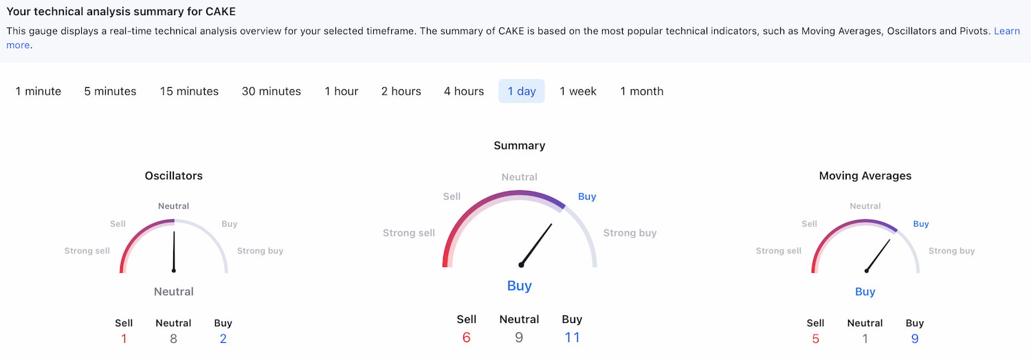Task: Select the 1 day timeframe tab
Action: [x=522, y=91]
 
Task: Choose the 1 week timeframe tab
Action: [x=577, y=91]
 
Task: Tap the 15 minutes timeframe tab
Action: [x=189, y=91]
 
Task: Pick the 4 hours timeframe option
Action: [x=463, y=91]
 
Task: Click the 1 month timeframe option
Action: [x=641, y=91]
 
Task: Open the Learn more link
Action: [x=1007, y=32]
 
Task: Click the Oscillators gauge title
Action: [x=173, y=176]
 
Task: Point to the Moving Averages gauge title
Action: [x=865, y=176]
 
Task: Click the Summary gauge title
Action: [x=519, y=146]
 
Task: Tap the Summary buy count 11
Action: [x=572, y=337]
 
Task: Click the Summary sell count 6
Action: [x=466, y=337]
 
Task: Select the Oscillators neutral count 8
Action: [x=173, y=339]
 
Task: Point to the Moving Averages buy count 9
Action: [x=915, y=339]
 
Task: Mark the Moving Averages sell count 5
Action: [x=816, y=339]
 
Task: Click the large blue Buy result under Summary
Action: [x=519, y=286]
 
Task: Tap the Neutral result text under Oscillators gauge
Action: [x=173, y=291]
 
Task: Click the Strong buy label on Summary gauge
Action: [x=630, y=233]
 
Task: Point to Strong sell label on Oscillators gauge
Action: [x=87, y=251]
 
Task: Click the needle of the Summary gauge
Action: [x=536, y=245]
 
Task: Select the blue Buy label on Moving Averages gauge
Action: [x=920, y=224]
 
